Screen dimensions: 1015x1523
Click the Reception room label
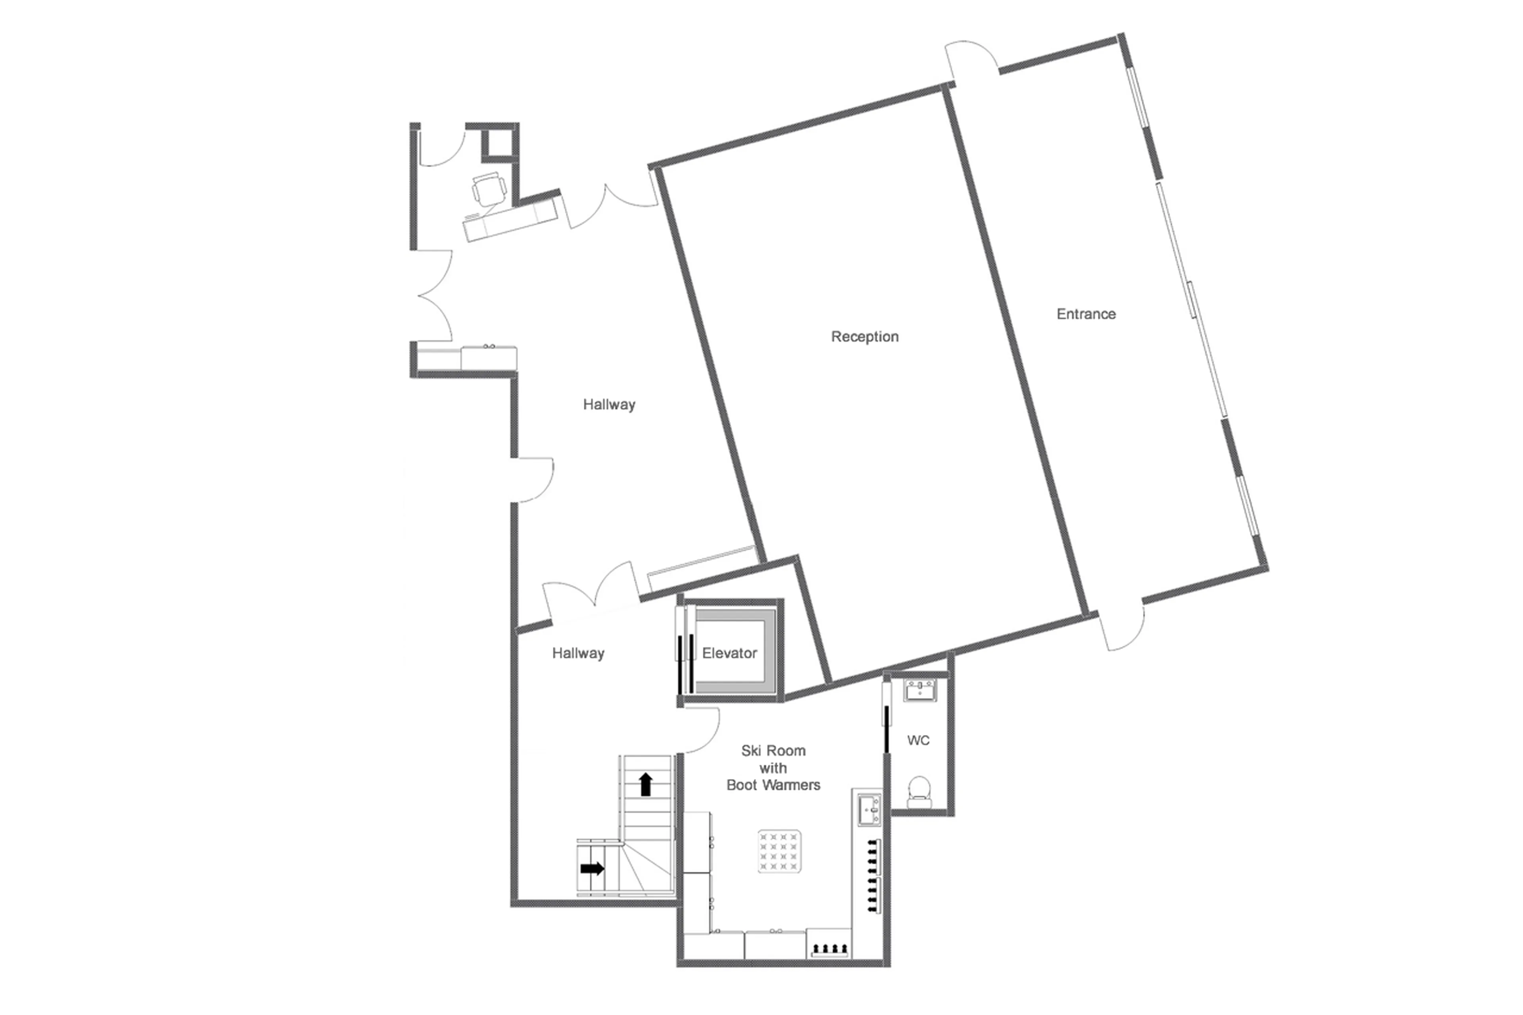864,337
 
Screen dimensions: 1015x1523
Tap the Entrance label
1086,314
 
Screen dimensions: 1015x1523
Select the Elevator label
729,653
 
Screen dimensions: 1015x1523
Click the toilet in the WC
919,791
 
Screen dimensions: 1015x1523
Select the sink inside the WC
920,690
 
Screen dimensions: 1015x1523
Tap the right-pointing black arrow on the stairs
592,868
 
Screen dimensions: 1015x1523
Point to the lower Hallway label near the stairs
577,653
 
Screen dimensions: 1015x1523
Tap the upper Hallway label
608,405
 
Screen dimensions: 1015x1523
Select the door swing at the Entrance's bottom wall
1123,629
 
